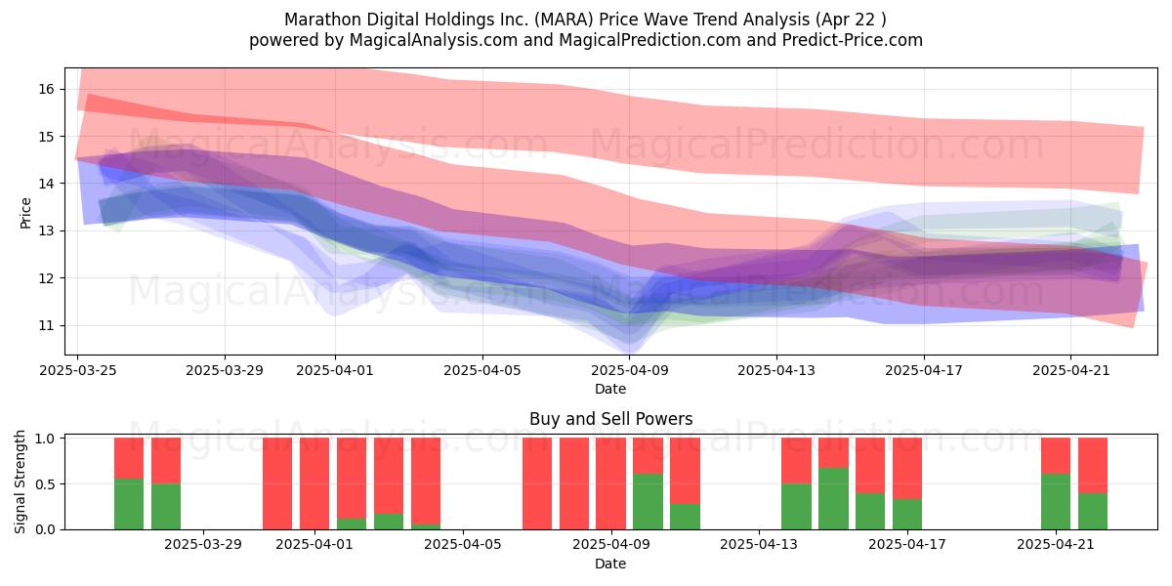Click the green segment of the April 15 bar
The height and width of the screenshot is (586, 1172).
coord(833,498)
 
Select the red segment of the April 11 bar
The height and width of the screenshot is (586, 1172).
coord(685,471)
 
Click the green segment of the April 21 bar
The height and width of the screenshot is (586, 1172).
coord(1056,501)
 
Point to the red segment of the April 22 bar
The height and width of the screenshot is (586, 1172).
coord(1093,465)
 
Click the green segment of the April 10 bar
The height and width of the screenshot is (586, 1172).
coord(648,501)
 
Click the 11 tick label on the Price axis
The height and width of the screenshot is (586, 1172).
coord(46,325)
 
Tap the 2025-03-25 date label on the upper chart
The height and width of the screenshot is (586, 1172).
coord(78,370)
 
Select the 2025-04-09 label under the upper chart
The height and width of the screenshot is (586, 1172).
coord(630,370)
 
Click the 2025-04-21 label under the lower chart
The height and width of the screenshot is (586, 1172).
coord(1056,545)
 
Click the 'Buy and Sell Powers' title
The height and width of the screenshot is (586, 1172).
coord(611,419)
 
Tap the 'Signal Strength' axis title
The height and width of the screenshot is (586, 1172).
coord(20,481)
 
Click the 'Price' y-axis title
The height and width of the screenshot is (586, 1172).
coord(25,213)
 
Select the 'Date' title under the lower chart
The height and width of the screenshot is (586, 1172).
coord(610,564)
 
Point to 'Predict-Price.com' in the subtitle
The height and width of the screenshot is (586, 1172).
coord(853,40)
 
